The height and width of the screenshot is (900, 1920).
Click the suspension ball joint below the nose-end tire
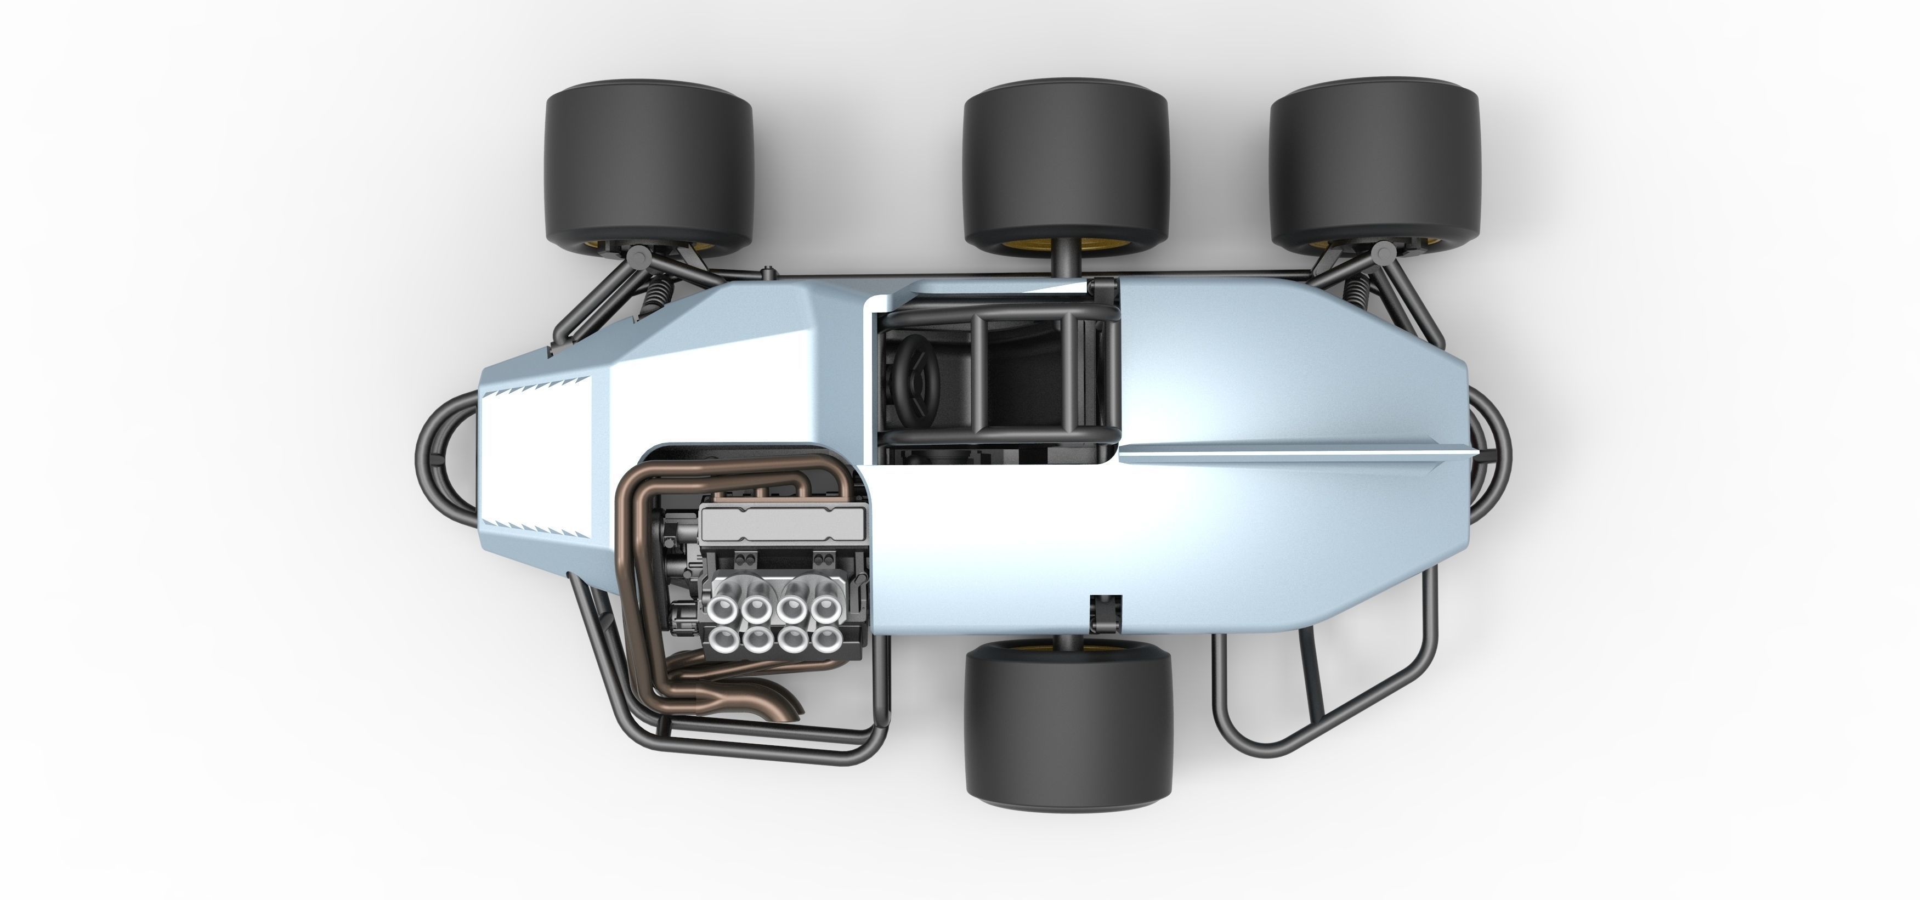638,258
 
